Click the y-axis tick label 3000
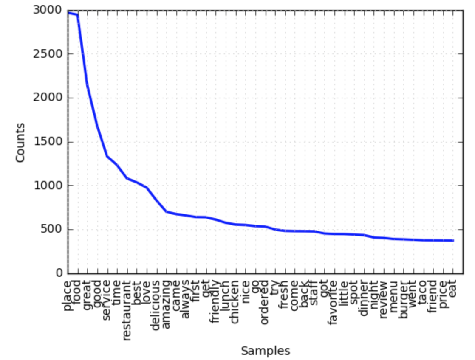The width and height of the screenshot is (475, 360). pyautogui.click(x=47, y=10)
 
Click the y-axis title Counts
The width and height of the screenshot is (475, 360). pyautogui.click(x=20, y=142)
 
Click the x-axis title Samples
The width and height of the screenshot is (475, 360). pyautogui.click(x=266, y=351)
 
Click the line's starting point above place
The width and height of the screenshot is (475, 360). pyautogui.click(x=68, y=13)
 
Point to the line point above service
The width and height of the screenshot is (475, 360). pyautogui.click(x=107, y=156)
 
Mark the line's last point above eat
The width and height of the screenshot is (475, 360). pyautogui.click(x=453, y=241)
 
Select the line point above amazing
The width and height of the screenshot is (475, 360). pyautogui.click(x=166, y=211)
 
